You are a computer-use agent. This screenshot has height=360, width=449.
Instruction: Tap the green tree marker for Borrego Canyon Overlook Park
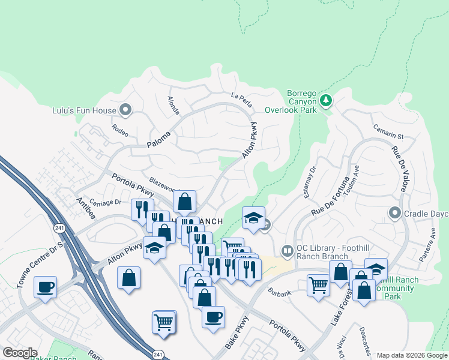pyautogui.click(x=326, y=100)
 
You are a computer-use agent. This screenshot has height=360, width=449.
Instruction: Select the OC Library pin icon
pyautogui.click(x=288, y=250)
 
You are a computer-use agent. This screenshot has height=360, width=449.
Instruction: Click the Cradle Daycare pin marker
pyautogui.click(x=394, y=213)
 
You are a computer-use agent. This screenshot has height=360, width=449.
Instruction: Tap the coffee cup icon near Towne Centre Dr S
pyautogui.click(x=46, y=286)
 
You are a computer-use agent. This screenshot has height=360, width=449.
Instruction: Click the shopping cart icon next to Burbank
pyautogui.click(x=318, y=284)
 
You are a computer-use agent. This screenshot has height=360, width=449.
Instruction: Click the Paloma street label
pyautogui.click(x=159, y=140)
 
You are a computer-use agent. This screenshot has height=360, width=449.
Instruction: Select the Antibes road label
pyautogui.click(x=86, y=202)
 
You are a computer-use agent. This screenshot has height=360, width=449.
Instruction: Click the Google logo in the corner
pyautogui.click(x=20, y=353)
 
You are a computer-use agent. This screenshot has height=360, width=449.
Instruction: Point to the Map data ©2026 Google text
pyautogui.click(x=411, y=355)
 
